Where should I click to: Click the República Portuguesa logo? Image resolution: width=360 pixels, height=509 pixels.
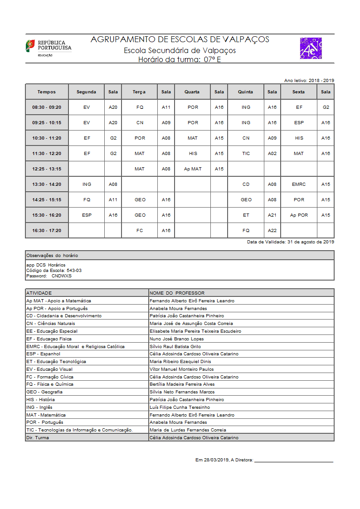coord(49,48)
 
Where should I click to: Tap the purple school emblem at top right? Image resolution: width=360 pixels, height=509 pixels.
coord(311,48)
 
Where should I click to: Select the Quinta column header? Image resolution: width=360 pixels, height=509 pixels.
coord(245,92)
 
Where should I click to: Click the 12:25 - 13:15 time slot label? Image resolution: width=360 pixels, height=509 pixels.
coord(47,169)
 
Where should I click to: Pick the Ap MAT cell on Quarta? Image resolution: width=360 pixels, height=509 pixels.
coord(193,169)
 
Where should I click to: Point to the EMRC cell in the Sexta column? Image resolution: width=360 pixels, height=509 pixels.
coord(299,184)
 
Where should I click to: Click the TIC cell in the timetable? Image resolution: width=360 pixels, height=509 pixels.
coord(246,154)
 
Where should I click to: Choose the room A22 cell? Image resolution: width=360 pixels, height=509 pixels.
coord(272,231)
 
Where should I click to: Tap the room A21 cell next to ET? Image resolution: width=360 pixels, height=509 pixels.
coord(272,215)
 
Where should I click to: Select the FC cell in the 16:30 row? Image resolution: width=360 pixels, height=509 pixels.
coord(140,231)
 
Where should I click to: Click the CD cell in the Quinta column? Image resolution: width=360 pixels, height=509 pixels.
coord(246,184)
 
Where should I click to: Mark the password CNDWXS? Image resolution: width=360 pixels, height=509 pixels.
coord(61,276)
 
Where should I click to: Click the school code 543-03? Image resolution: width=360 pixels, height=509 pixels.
coord(74,270)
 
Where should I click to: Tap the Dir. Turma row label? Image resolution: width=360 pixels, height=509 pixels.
coord(38,437)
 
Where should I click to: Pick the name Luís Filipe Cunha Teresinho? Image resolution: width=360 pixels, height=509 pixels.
coord(180,407)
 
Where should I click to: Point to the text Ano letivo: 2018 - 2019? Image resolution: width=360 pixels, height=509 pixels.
coord(309,80)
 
